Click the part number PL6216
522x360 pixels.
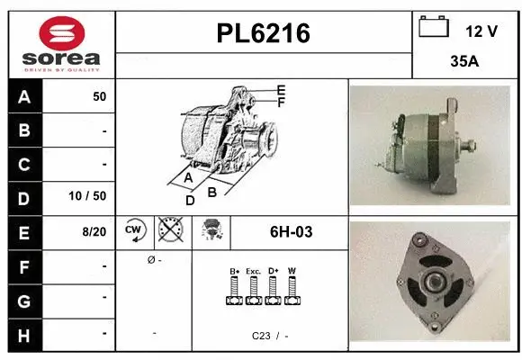click(264, 34)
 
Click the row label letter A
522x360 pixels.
click(23, 96)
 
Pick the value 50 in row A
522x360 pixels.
click(99, 96)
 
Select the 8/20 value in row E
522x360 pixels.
click(94, 231)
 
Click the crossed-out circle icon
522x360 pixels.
click(170, 230)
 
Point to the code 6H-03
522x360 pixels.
click(291, 231)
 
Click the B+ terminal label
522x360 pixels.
click(234, 271)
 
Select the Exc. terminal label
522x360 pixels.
click(253, 271)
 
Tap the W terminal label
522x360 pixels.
click(291, 271)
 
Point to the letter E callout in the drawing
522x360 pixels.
click(281, 90)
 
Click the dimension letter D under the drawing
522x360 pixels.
click(190, 200)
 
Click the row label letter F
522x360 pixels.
click(23, 265)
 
